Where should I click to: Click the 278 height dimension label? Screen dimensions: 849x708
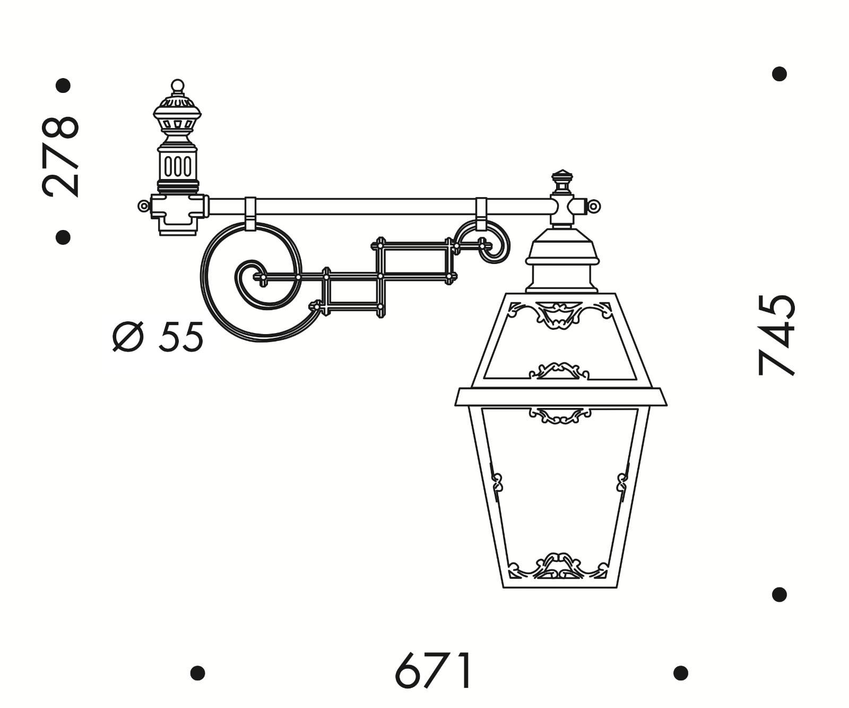(61, 157)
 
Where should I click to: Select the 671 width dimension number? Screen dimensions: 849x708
(434, 670)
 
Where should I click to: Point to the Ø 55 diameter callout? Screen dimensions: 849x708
(158, 336)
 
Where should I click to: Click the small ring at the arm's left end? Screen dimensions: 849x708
(143, 206)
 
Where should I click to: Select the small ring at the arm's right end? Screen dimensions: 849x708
(594, 206)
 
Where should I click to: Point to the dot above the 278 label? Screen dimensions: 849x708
(63, 86)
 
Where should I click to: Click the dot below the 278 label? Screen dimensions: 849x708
(63, 237)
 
